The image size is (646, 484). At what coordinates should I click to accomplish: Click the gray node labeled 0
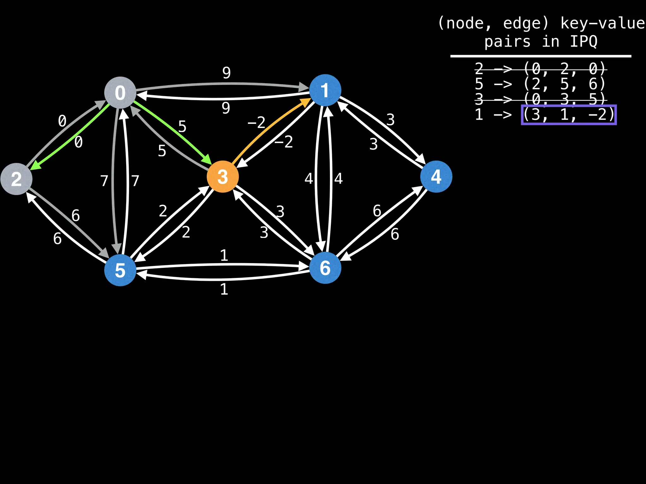point(120,93)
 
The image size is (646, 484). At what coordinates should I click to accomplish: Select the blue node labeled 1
point(325,90)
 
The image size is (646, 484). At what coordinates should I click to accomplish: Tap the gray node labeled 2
point(16,179)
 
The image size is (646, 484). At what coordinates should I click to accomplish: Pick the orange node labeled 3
point(223,176)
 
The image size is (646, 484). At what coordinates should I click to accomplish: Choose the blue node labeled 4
point(436,176)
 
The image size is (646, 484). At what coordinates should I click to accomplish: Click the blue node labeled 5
point(120,270)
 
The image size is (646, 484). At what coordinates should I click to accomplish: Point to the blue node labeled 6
point(325,268)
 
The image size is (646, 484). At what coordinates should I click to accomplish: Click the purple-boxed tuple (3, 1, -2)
point(569,115)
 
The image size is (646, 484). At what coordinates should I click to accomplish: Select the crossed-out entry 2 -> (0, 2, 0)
point(540,68)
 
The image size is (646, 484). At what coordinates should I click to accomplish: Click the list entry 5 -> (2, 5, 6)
point(540,84)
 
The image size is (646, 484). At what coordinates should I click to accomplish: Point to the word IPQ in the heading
point(584,42)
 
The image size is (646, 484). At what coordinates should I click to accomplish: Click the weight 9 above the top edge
point(226,73)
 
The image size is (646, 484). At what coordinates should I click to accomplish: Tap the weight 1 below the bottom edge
point(224,289)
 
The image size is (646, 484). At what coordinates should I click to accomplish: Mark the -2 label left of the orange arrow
point(256,123)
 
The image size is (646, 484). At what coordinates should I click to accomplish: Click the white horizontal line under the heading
point(541,56)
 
